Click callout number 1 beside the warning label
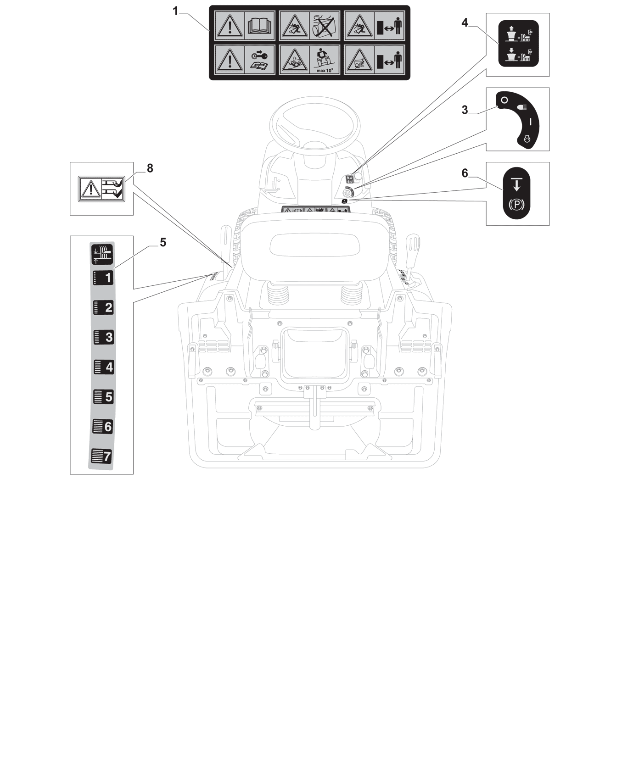point(175,11)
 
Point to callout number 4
point(465,22)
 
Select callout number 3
point(465,110)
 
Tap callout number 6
point(465,173)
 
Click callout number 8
point(150,168)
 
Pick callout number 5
point(163,242)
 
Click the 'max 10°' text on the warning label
point(325,71)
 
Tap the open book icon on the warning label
point(260,26)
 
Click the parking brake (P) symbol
point(516,205)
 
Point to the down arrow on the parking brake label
point(516,184)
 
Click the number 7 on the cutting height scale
point(107,456)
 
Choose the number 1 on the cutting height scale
point(108,278)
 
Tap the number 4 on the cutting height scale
point(108,367)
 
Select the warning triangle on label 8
point(91,189)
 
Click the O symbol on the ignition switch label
point(504,100)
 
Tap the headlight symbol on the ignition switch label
point(522,106)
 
